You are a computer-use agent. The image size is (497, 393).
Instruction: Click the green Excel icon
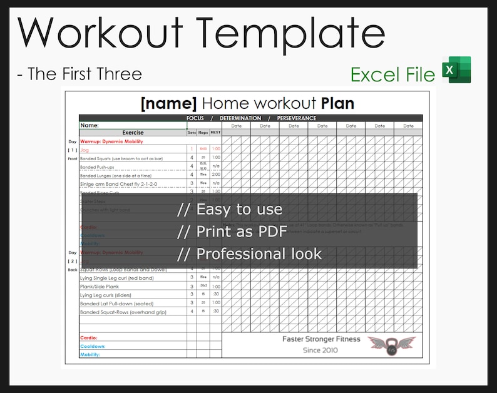click(456, 70)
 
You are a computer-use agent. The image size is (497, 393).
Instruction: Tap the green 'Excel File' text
click(392, 75)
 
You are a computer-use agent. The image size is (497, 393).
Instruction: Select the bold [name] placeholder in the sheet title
click(169, 103)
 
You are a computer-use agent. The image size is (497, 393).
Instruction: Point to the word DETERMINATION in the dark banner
click(240, 118)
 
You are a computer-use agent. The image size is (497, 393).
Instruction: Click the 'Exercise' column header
click(133, 133)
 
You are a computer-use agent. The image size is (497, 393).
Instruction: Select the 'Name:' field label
click(90, 125)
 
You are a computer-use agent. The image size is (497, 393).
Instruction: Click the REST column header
click(215, 133)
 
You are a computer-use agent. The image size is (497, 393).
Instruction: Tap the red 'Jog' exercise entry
click(85, 150)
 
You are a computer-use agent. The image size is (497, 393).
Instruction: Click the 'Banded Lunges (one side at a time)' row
click(116, 176)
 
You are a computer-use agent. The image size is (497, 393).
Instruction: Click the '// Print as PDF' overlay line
click(232, 232)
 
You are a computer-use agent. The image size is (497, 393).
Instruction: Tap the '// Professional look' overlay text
click(249, 254)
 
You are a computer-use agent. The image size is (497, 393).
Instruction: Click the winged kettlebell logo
click(391, 344)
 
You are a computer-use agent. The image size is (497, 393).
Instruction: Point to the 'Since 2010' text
click(320, 350)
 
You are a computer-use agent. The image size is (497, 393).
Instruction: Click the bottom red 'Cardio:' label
click(89, 338)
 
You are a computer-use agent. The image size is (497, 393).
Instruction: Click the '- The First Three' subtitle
click(79, 74)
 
